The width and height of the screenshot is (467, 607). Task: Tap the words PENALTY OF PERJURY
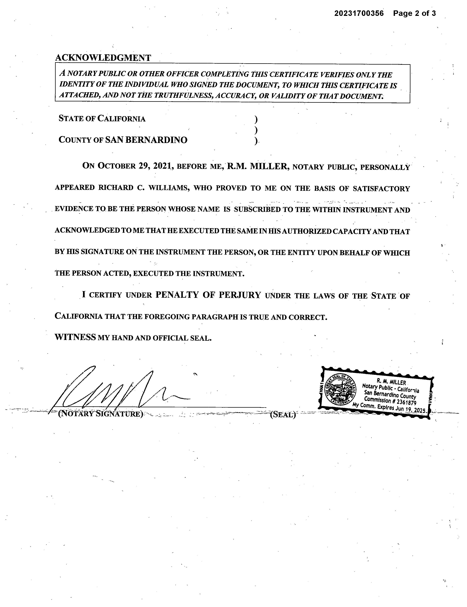tap(208, 295)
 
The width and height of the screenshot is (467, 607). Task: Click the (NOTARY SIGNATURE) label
tap(100, 414)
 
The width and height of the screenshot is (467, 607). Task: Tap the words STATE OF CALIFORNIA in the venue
tap(102, 119)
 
